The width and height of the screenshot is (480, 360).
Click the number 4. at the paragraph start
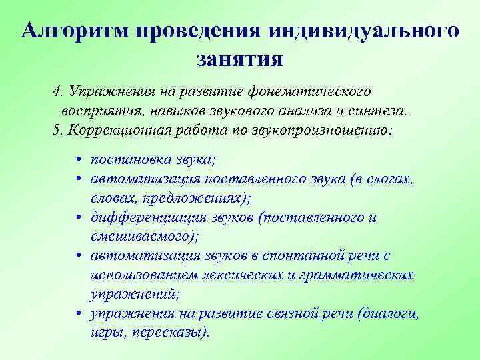click(x=57, y=90)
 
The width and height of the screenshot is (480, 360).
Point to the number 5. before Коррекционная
click(x=57, y=129)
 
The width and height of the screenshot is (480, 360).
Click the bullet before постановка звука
click(x=79, y=161)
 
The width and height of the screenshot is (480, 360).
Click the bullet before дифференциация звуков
click(x=79, y=218)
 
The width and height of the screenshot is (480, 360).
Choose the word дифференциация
click(x=139, y=218)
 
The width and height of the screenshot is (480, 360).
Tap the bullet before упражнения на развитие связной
click(x=79, y=313)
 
